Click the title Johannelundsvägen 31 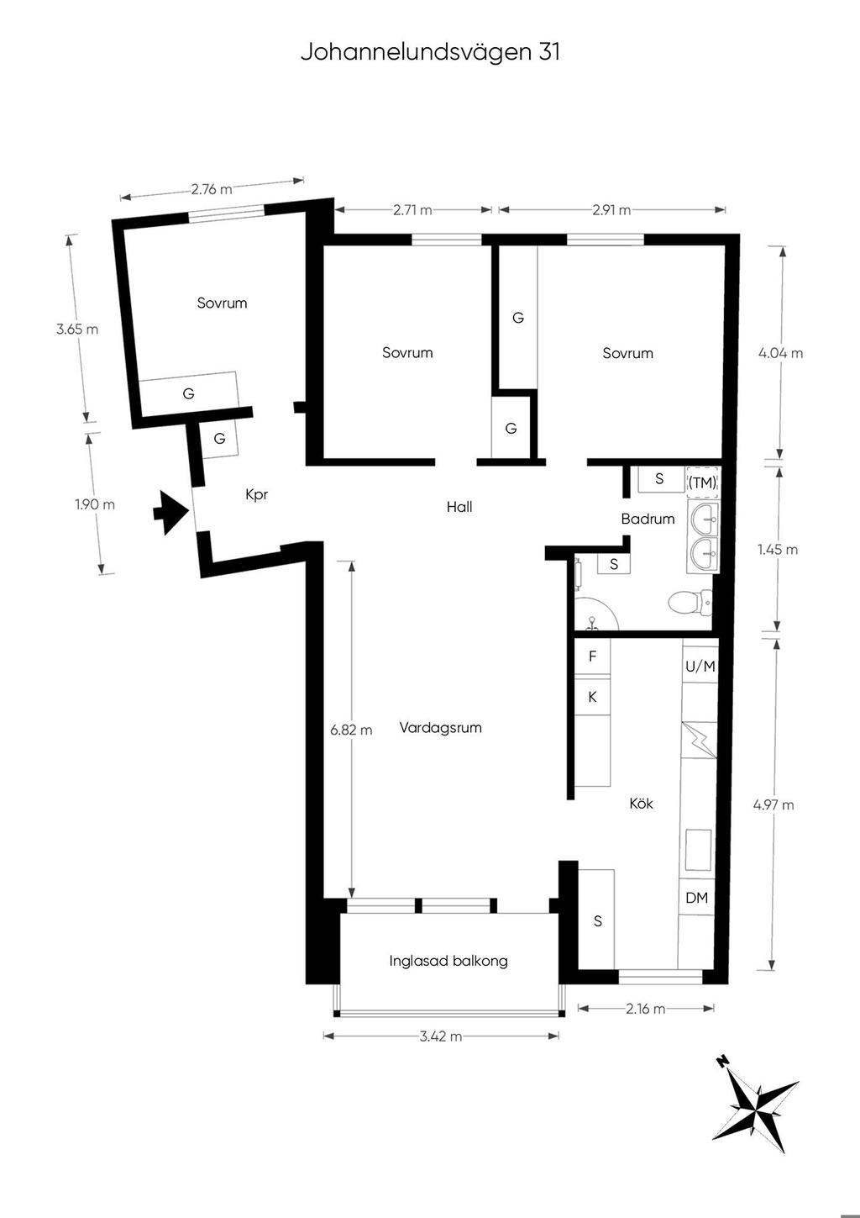pos(430,53)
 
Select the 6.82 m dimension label pos(352,730)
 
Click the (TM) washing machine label pos(702,482)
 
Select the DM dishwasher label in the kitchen pos(697,898)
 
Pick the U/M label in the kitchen pos(700,666)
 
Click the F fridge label pos(593,656)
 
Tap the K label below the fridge pos(593,697)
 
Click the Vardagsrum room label pos(441,728)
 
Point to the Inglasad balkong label pos(448,962)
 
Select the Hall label pos(459,508)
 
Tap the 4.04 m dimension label pos(781,353)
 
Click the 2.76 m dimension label pos(212,189)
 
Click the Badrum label pos(648,519)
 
